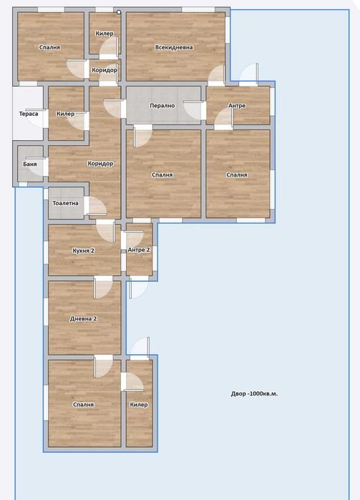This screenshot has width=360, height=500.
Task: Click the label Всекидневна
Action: point(174,47)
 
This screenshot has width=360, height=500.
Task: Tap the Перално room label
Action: point(162,105)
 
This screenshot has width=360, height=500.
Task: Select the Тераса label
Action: point(29,114)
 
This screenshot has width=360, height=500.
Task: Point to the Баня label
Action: point(30,165)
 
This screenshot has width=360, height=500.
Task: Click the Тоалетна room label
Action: point(65,203)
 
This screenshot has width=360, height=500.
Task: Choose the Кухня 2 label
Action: point(84,250)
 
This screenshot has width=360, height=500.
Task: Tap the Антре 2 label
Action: point(139,250)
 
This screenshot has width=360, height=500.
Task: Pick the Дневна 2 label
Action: point(84,318)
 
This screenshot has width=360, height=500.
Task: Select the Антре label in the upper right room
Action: point(237,106)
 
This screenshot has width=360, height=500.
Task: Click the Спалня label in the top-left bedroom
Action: point(50,47)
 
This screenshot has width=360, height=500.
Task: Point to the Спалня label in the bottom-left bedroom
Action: point(84,404)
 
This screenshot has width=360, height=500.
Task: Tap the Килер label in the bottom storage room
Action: point(139,404)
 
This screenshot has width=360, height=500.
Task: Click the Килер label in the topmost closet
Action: point(104,34)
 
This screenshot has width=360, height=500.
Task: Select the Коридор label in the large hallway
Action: point(100,164)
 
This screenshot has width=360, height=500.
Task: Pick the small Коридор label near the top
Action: point(104,70)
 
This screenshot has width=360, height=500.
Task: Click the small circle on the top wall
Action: point(119,12)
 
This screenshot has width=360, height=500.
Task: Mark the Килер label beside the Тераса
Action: point(66,114)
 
